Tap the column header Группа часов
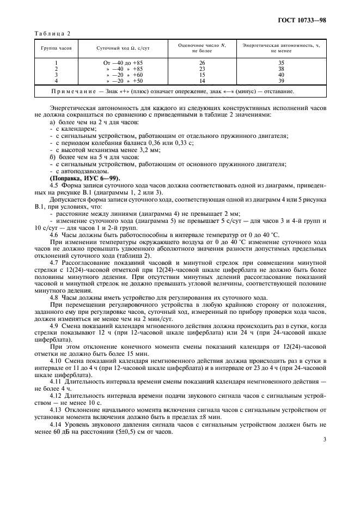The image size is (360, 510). tap(56, 47)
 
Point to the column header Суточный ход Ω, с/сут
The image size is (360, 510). tap(123, 47)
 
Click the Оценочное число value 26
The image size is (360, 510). tap(202, 63)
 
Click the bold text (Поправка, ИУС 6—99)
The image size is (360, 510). tap(81, 178)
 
